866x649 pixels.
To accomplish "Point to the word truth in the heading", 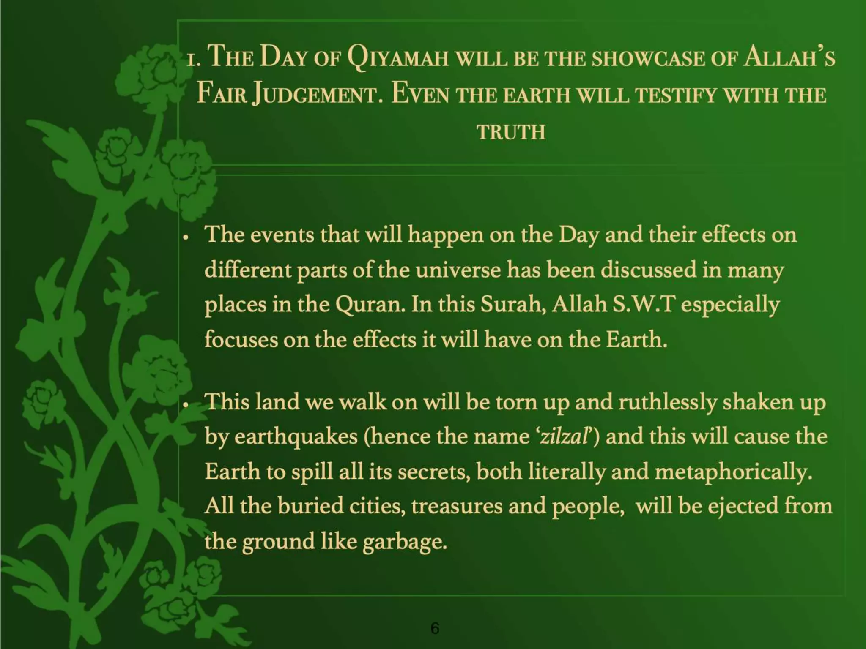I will coord(511,132).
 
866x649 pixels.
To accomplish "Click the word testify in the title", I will coord(676,95).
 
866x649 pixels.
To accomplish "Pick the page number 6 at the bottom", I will coord(435,628).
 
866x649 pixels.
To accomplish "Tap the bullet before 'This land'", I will coord(185,405).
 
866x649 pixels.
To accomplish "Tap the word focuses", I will coord(241,339).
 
